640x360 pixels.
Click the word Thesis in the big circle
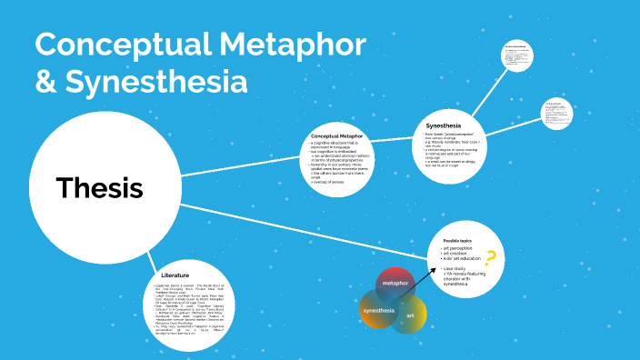tap(99, 187)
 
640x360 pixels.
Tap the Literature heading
tap(175, 275)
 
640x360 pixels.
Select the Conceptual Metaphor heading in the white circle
tap(337, 135)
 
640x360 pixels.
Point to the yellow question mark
tap(491, 259)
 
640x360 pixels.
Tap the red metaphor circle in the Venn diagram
tap(395, 284)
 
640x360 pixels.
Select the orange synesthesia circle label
tap(379, 311)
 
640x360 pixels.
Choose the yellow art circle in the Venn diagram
tap(411, 315)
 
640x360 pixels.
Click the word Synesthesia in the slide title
tap(155, 81)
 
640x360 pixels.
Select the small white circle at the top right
tap(521, 58)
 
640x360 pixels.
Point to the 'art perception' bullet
tap(460, 248)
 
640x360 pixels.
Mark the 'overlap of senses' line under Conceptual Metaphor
tap(327, 183)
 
